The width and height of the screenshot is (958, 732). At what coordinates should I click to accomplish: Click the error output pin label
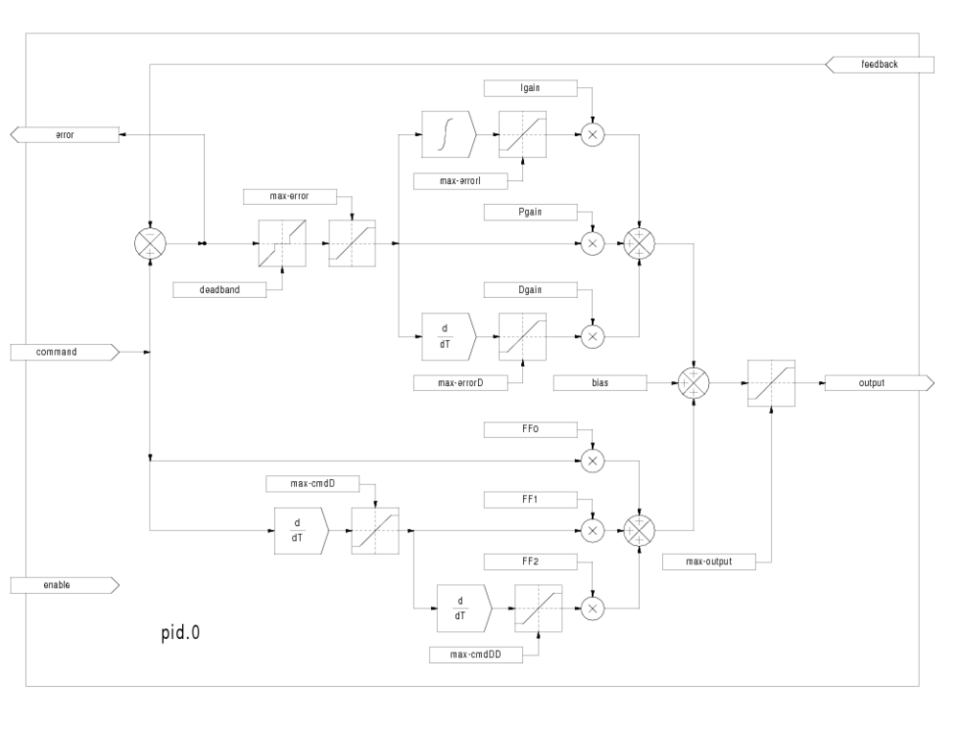click(65, 135)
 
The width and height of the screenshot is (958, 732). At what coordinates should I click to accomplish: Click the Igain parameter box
click(531, 88)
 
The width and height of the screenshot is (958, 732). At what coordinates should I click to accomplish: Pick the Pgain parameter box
click(531, 211)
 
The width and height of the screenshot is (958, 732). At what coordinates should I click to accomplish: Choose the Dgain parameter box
click(531, 288)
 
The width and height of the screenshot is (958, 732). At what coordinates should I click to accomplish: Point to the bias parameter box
click(601, 382)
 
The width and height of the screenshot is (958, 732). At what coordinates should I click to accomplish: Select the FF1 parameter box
click(531, 499)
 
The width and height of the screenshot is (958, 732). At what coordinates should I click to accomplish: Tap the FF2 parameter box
click(531, 560)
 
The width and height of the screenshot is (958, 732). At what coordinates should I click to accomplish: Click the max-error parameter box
click(290, 196)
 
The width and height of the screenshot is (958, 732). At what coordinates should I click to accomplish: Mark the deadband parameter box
click(219, 289)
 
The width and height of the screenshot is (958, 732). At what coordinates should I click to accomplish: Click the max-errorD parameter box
click(460, 383)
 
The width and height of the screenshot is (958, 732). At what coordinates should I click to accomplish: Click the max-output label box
click(709, 561)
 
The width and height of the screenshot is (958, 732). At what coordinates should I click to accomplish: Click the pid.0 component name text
click(180, 633)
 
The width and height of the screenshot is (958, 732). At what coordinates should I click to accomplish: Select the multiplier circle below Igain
click(592, 135)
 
